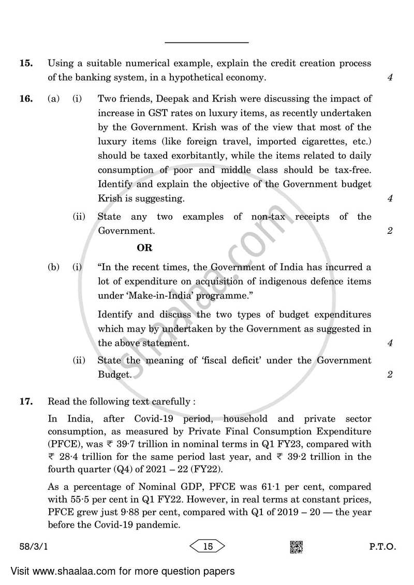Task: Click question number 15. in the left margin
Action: (x=26, y=64)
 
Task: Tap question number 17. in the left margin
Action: (x=26, y=401)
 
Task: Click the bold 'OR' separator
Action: (x=144, y=248)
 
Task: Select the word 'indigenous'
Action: (x=277, y=281)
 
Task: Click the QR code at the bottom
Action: (x=296, y=546)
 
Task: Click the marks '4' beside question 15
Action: (x=389, y=78)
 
